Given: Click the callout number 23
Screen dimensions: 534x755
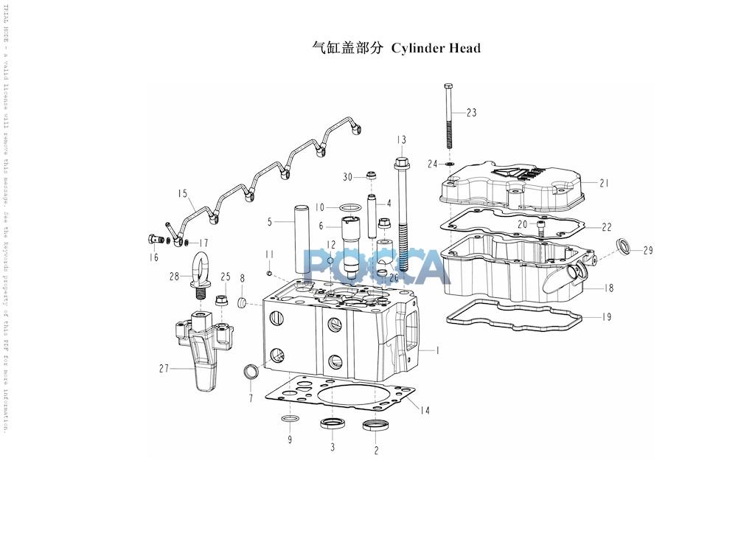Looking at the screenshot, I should tap(471, 113).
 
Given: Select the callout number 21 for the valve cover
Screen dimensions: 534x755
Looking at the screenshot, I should tap(605, 183).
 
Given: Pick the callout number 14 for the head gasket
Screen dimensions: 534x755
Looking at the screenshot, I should tap(425, 410).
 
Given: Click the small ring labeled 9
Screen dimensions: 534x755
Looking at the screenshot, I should tap(290, 420).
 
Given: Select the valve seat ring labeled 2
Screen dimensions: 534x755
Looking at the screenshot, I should tap(375, 426).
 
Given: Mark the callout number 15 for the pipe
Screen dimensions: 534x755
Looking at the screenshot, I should tap(182, 194).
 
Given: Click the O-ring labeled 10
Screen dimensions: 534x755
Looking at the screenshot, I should tap(352, 207).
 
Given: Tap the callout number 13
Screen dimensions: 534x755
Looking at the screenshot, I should tap(401, 140).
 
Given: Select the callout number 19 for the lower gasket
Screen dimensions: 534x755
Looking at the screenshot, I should tap(605, 317).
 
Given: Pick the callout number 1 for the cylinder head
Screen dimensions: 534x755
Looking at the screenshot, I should tap(436, 351).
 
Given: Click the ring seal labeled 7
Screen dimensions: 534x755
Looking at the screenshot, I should tap(251, 370).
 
